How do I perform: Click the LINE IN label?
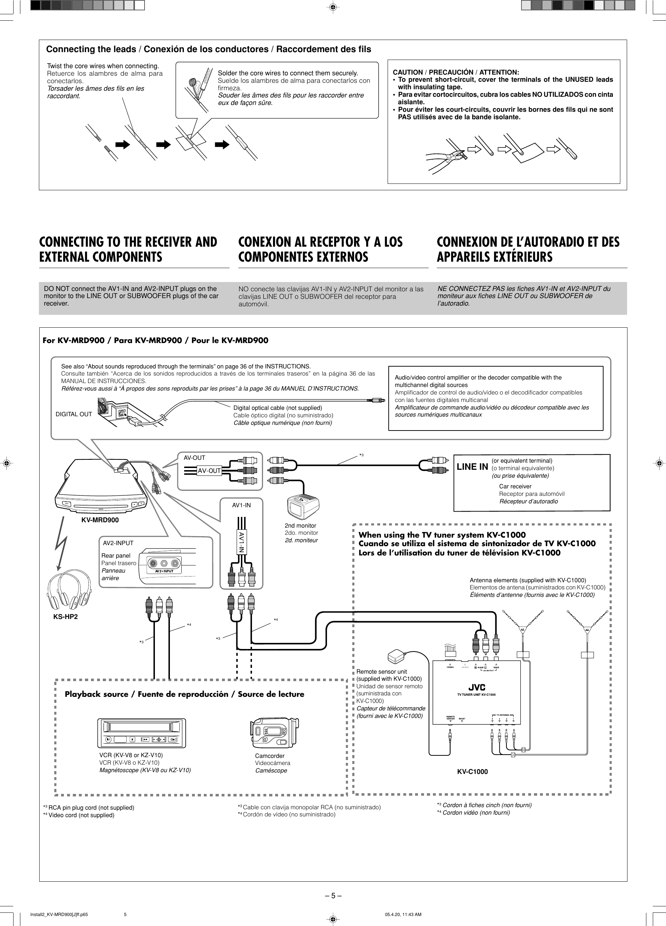point(472,467)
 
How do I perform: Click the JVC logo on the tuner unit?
point(476,687)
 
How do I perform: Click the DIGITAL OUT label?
point(74,414)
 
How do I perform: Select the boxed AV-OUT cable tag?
point(209,471)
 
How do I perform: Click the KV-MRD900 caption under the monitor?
point(100,520)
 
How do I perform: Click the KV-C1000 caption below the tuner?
point(472,772)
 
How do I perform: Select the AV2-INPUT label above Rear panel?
point(118,543)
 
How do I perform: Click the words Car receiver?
point(515,486)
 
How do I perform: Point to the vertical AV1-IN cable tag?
point(242,542)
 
